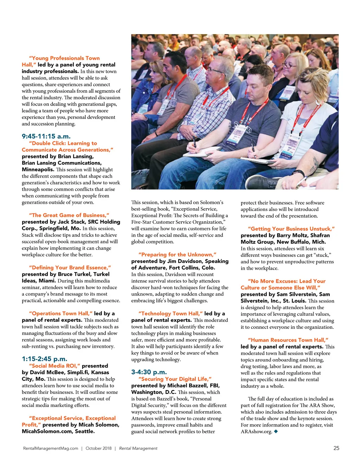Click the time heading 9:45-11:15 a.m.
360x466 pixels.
coord(46,136)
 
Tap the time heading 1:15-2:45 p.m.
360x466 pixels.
coord(44,359)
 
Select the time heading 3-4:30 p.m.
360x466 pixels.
coord(149,372)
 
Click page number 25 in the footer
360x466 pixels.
coord(336,448)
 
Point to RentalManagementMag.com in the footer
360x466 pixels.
coord(51,448)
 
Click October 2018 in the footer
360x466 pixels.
coord(98,448)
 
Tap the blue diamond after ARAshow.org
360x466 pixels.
coord(276,431)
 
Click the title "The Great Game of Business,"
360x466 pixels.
coord(69,215)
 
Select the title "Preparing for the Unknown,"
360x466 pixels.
coord(178,255)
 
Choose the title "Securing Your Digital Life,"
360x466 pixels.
coord(175,379)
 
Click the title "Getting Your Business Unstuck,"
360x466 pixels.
coord(291,229)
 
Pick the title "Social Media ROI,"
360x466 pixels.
coord(55,366)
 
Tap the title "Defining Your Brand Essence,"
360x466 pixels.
coord(70,268)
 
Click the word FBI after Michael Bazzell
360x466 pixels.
coord(214,385)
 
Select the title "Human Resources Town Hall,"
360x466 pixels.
coord(288,340)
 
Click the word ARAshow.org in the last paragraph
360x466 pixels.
coord(256,432)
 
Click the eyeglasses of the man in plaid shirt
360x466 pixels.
coord(215,71)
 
